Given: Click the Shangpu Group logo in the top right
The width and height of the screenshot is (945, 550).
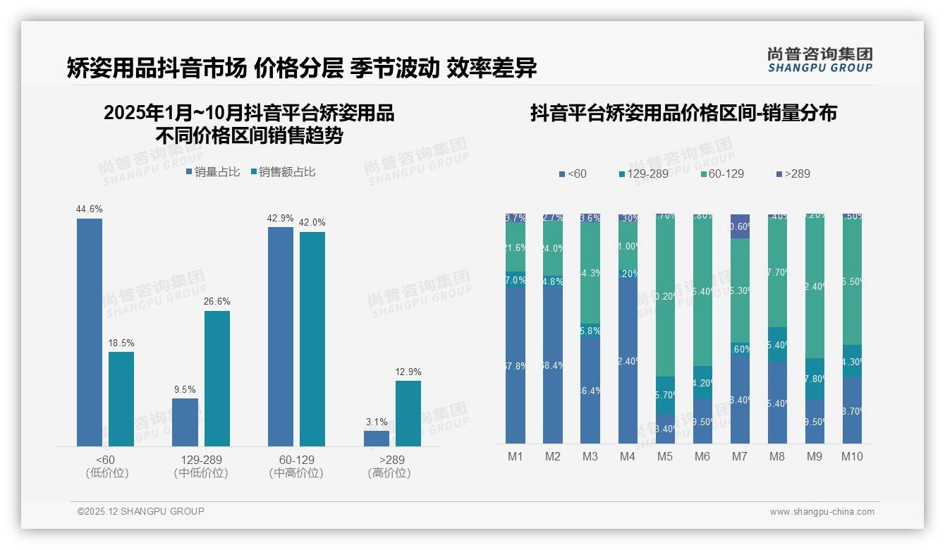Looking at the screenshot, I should [x=819, y=60].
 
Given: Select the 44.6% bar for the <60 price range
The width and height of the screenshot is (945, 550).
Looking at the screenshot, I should [x=90, y=332].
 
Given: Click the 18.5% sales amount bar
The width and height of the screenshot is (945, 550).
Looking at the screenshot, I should [x=121, y=398].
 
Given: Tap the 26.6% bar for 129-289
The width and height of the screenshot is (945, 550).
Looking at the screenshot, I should [x=217, y=378].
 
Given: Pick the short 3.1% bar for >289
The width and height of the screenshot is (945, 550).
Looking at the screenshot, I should [x=377, y=438].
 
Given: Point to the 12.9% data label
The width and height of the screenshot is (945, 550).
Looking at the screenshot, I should [x=408, y=372].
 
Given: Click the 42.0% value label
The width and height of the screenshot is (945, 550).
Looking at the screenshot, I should [x=312, y=222].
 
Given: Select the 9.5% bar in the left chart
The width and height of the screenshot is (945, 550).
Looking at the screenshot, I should [x=185, y=422].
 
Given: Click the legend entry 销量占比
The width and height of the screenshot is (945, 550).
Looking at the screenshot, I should [x=213, y=172].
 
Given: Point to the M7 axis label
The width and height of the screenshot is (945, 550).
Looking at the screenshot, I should [x=739, y=456].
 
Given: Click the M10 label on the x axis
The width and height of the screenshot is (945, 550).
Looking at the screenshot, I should [x=852, y=456].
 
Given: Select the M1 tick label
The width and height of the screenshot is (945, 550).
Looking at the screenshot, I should [x=516, y=456].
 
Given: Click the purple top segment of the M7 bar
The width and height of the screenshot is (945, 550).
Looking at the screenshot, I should [x=740, y=226].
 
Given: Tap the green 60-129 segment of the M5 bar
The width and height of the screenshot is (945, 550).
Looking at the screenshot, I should [x=665, y=296].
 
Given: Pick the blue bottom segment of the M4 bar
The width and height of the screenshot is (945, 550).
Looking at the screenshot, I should [x=628, y=361].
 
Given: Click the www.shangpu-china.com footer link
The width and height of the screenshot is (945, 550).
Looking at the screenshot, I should [x=822, y=512].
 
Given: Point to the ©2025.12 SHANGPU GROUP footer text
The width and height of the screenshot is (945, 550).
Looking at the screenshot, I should [x=141, y=511].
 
